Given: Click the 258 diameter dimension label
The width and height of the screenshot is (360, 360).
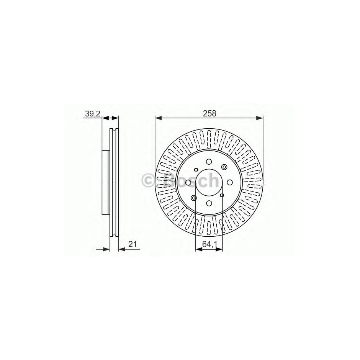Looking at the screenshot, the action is click(x=209, y=113).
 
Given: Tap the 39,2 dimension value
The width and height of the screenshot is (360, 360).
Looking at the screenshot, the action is click(x=93, y=113).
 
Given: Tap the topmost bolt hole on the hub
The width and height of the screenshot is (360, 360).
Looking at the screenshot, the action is click(x=209, y=162).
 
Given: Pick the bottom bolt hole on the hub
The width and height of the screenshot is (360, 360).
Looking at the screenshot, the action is click(x=209, y=203).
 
